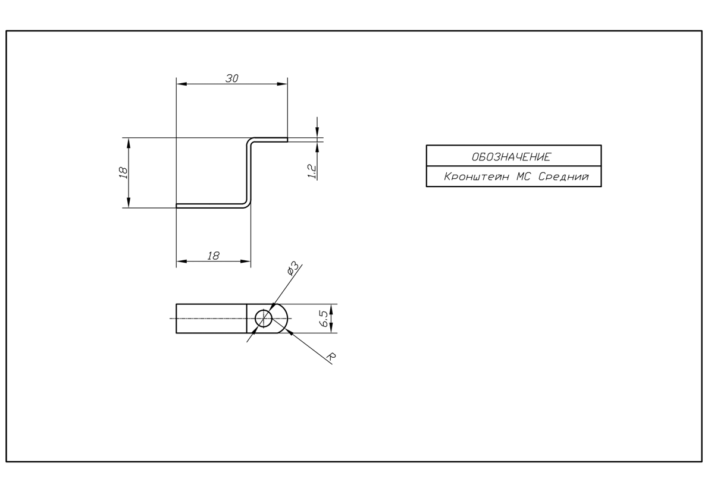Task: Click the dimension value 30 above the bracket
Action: (x=231, y=78)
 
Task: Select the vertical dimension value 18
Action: (x=123, y=173)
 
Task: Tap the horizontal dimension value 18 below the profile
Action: (x=213, y=256)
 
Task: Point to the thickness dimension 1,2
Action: (x=312, y=171)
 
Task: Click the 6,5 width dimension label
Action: (x=324, y=319)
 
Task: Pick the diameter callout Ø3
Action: (x=293, y=269)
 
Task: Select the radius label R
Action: (x=332, y=357)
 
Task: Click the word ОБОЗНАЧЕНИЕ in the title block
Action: (x=511, y=157)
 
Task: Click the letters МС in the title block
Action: (x=523, y=177)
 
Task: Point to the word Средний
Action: (x=563, y=177)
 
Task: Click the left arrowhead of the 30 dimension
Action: (x=181, y=84)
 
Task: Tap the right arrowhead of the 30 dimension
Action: (x=283, y=84)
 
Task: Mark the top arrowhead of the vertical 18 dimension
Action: (x=129, y=143)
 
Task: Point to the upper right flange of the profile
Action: (x=270, y=140)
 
